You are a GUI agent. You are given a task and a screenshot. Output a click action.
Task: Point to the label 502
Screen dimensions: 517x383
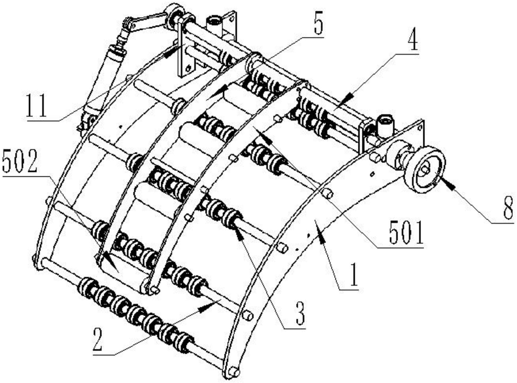coord(19,163)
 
